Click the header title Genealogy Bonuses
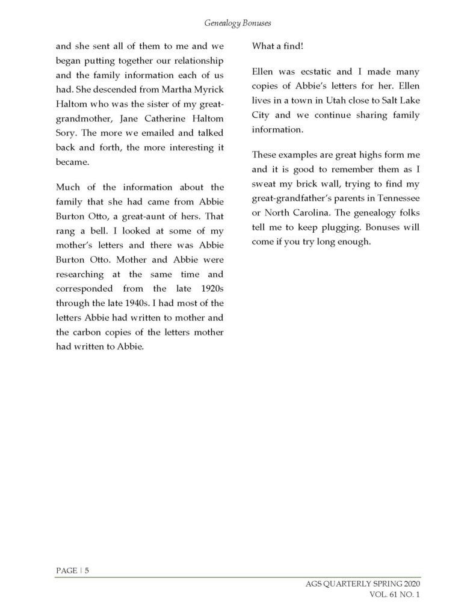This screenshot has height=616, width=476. coord(237,23)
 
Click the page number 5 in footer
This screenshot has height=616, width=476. coord(87,571)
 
